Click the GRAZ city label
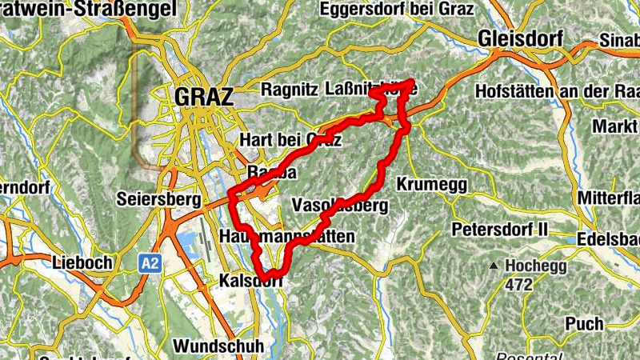click(203, 97)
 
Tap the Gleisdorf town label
click(520, 38)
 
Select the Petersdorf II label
click(499, 230)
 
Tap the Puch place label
click(584, 324)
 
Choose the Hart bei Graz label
click(290, 140)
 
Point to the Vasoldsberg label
click(340, 205)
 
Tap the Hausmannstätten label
click(286, 237)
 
